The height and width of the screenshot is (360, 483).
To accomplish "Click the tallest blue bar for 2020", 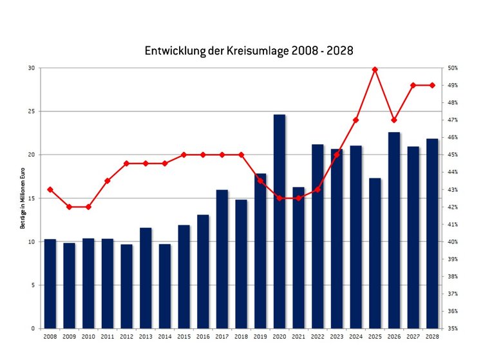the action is pyautogui.click(x=279, y=222).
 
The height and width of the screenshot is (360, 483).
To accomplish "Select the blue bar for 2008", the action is pyautogui.click(x=50, y=283).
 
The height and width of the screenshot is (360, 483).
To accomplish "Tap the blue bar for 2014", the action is pyautogui.click(x=165, y=286).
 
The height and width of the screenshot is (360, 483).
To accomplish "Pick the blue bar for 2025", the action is pyautogui.click(x=375, y=253).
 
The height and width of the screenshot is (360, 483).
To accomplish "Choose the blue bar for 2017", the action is pyautogui.click(x=222, y=259).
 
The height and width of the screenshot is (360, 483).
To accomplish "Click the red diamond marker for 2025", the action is pyautogui.click(x=375, y=70).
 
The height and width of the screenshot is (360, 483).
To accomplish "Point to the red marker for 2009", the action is pyautogui.click(x=70, y=207).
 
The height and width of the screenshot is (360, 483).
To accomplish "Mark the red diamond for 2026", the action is pyautogui.click(x=394, y=120).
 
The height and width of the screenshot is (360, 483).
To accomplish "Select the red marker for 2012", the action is pyautogui.click(x=127, y=163).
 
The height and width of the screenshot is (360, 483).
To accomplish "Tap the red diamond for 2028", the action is pyautogui.click(x=432, y=85).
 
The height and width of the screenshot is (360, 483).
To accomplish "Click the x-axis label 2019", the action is pyautogui.click(x=260, y=337).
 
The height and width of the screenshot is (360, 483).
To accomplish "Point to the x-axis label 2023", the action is pyautogui.click(x=337, y=337).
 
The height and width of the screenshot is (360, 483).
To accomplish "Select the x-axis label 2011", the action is pyautogui.click(x=108, y=337).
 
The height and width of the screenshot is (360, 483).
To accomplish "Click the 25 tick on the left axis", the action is pyautogui.click(x=32, y=111).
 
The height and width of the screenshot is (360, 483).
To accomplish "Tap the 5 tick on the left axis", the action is pyautogui.click(x=33, y=285).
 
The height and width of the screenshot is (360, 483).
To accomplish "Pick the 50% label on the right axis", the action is pyautogui.click(x=453, y=68).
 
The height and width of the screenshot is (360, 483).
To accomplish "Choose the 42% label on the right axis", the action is pyautogui.click(x=453, y=207).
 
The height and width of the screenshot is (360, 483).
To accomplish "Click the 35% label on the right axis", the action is pyautogui.click(x=453, y=328).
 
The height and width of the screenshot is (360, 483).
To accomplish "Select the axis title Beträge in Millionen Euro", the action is pyautogui.click(x=23, y=198).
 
